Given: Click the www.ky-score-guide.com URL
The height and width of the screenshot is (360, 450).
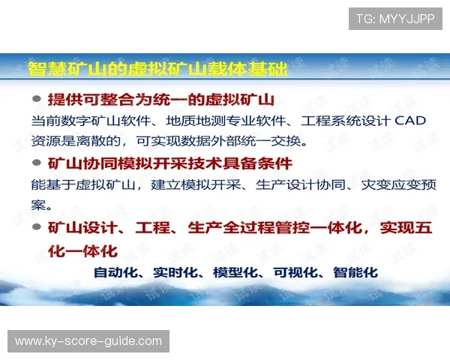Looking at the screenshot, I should coord(88,341).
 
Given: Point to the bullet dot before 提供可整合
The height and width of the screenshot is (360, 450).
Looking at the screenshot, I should coord(37,99).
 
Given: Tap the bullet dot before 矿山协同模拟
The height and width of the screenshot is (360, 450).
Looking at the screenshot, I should coord(37,163).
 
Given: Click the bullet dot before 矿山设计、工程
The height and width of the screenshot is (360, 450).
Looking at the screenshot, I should coord(37,227).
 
